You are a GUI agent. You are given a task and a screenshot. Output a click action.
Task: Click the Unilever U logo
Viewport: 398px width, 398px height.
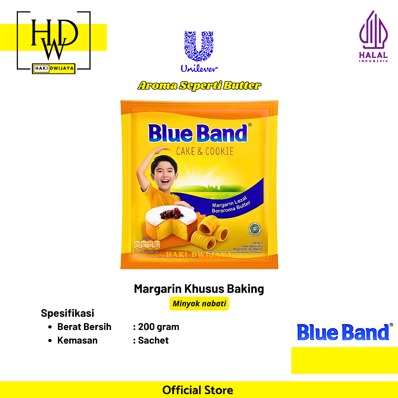click(199, 46)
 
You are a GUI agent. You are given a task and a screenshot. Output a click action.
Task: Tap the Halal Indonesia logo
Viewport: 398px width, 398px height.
click(373, 37)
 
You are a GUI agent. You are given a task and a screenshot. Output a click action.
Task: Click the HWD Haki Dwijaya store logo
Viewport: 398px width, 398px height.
click(54, 42)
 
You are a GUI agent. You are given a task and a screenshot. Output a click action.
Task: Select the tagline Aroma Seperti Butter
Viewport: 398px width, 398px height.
click(199, 86)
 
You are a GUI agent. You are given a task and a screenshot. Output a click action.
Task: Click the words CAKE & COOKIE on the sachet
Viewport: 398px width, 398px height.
click(205, 151)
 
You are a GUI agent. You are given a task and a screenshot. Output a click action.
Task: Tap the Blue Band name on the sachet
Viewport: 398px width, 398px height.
click(197, 134)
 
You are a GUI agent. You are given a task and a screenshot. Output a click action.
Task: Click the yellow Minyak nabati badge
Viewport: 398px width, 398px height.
click(199, 304)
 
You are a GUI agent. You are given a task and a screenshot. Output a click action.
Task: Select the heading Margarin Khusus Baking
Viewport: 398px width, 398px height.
click(199, 289)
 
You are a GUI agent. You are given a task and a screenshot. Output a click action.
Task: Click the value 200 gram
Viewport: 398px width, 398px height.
click(159, 327)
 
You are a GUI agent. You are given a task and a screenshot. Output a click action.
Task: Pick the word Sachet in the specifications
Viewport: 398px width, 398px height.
click(153, 340)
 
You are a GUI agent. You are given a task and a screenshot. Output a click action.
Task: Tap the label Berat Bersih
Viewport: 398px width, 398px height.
click(84, 327)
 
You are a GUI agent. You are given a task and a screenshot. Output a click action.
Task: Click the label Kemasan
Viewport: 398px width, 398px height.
click(77, 340)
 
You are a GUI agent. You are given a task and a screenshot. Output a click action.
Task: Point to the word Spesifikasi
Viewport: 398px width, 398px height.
click(68, 313)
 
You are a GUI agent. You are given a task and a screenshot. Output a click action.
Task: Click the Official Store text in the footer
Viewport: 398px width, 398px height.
click(198, 390)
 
